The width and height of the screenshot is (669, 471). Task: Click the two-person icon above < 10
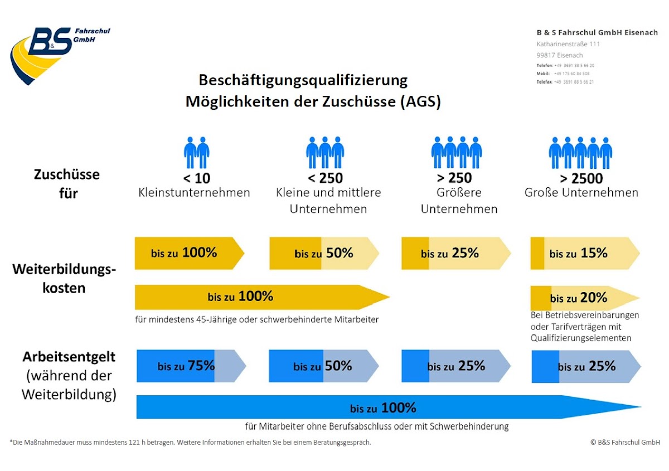pos(196,152)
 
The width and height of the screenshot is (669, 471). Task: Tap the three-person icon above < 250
pos(325,152)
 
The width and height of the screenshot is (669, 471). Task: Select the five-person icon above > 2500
pos(580,152)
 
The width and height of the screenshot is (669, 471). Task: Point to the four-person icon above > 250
pos(456,152)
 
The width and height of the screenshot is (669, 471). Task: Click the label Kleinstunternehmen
pos(194,193)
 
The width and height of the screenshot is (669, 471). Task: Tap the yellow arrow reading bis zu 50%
pos(324,253)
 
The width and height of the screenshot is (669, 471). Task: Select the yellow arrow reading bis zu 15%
pos(584,253)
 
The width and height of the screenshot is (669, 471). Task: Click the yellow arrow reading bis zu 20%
pos(584,298)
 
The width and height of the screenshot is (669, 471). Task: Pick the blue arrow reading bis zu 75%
pos(191,366)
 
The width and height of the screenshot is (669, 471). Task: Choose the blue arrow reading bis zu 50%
pos(323,366)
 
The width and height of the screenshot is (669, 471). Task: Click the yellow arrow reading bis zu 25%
pos(455,253)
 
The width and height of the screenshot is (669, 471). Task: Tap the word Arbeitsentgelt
pos(69,357)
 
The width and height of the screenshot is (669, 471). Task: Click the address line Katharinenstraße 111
pos(568,44)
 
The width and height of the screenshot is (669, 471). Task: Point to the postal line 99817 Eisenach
pos(560,55)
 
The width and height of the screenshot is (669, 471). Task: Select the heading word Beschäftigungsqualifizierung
pos(303,80)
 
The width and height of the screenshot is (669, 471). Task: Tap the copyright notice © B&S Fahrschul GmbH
pos(625,443)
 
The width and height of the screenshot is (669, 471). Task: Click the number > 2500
pos(581,178)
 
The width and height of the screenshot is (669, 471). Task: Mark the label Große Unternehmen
pos(581,193)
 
